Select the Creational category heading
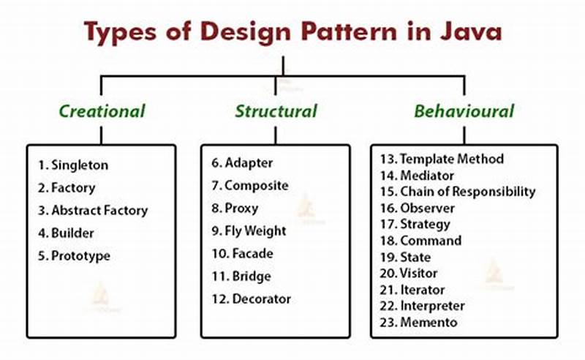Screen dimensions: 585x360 coord(102,111)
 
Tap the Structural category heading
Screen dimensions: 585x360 coord(276,111)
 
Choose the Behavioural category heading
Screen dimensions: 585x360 coord(464,111)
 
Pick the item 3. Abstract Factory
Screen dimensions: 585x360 coord(92,210)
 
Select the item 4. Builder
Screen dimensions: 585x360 coord(67,233)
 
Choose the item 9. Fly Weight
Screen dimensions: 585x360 coord(248,230)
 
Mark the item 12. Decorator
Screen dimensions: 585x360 coord(251,299)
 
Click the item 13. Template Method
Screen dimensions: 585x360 coord(442,159)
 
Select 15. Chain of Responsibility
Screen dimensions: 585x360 coord(458,192)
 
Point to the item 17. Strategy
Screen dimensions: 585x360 coord(415,224)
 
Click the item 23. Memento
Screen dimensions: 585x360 coord(418,322)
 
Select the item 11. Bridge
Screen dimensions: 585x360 coord(241,276)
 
